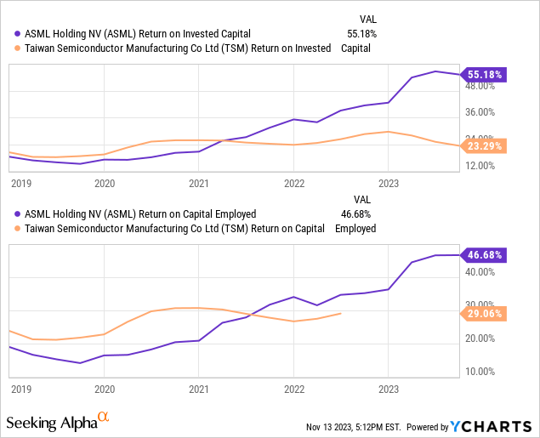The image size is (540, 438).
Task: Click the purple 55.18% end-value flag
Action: (484, 75)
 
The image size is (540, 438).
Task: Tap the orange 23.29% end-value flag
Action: (484, 146)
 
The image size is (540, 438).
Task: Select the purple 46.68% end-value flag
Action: (484, 255)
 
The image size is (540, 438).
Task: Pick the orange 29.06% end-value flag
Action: (484, 314)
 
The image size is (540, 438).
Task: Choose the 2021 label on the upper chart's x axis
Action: (198, 183)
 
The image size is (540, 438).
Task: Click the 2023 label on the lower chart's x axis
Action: (388, 387)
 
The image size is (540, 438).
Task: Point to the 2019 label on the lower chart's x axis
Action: (20, 387)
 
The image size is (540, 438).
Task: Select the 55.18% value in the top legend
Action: (361, 34)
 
